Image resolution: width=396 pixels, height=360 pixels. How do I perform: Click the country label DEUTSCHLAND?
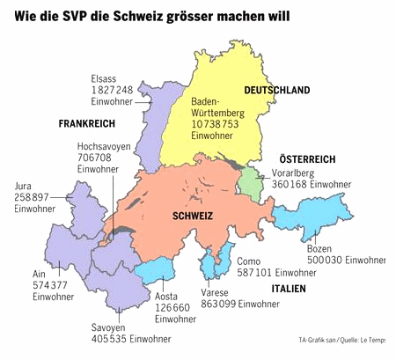click(277, 91)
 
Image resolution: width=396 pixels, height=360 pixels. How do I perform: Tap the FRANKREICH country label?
click(88, 123)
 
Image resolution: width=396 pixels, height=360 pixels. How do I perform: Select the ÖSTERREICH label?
click(301, 158)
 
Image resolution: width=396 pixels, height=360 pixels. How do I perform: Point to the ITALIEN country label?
click(290, 289)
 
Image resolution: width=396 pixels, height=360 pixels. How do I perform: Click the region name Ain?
click(39, 273)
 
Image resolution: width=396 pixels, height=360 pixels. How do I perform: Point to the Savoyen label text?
click(107, 327)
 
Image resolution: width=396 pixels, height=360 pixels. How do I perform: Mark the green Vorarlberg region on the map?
click(253, 185)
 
